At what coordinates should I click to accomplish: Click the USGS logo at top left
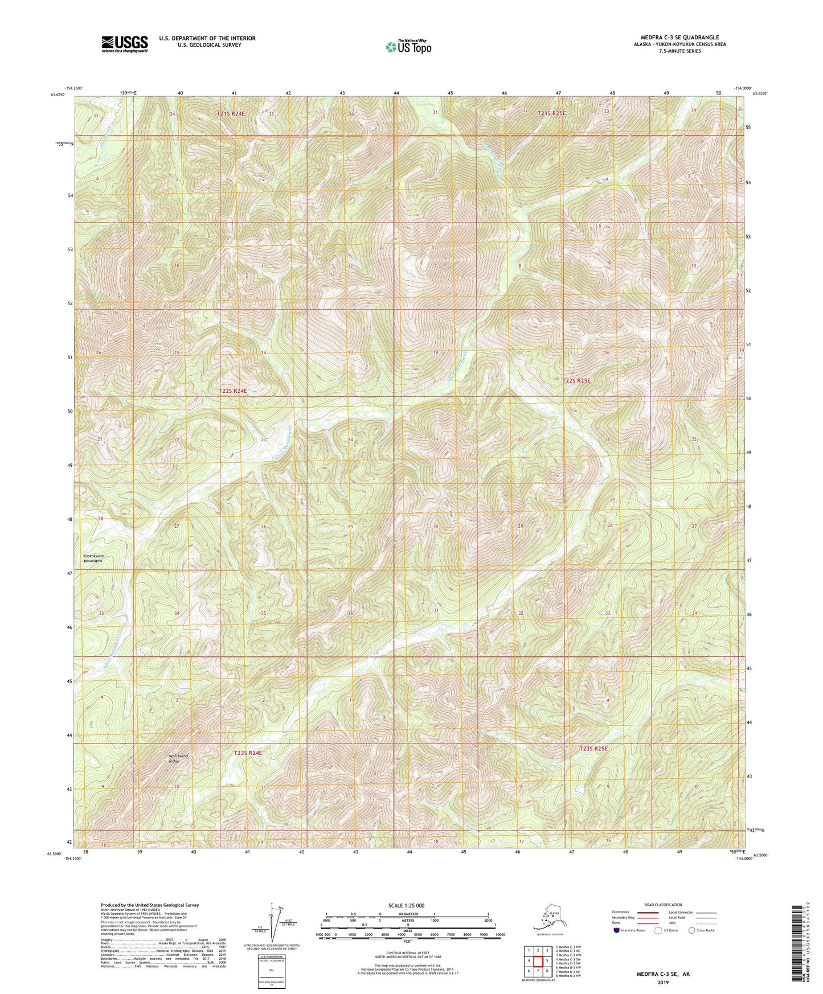pyautogui.click(x=125, y=44)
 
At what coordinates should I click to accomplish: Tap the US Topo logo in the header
pyautogui.click(x=408, y=47)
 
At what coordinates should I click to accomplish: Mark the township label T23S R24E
pyautogui.click(x=248, y=753)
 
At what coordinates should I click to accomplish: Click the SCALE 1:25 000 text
pyautogui.click(x=407, y=905)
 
